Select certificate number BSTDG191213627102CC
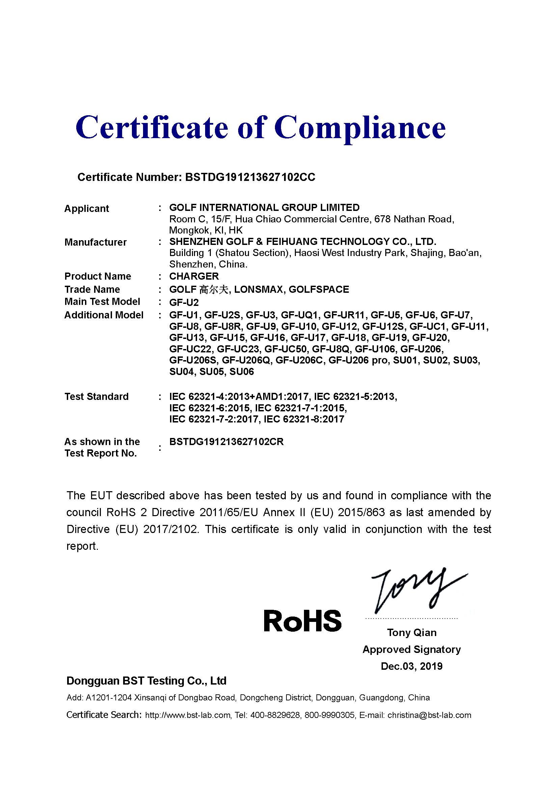(250, 177)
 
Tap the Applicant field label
(87, 209)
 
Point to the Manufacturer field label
(95, 242)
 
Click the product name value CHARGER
(194, 276)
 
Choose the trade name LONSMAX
(259, 290)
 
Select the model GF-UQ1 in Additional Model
(300, 315)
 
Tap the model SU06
(242, 372)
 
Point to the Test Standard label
(96, 397)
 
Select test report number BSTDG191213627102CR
(226, 442)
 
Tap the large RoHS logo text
(302, 621)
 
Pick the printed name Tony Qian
(412, 633)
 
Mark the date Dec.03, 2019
(412, 666)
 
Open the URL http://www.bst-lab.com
(188, 715)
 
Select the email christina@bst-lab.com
(429, 715)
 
